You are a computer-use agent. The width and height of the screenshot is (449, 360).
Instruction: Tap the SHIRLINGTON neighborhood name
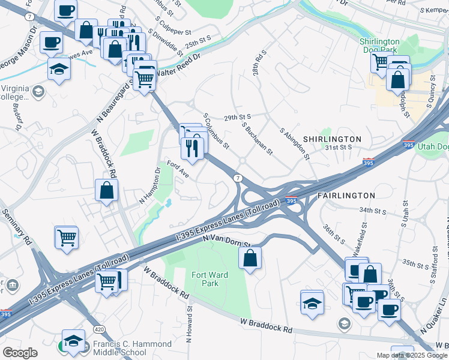pyautogui.click(x=332, y=139)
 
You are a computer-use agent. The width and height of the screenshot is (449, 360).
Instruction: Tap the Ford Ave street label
pyautogui.click(x=178, y=169)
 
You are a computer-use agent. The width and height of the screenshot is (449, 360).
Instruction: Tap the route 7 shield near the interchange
pyautogui.click(x=238, y=178)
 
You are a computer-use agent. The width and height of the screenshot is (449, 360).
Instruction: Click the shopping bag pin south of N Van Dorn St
pyautogui.click(x=250, y=259)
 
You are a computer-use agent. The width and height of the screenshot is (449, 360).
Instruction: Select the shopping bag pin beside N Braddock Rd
pyautogui.click(x=106, y=190)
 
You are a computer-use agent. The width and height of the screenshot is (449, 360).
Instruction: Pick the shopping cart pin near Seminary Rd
pyautogui.click(x=66, y=238)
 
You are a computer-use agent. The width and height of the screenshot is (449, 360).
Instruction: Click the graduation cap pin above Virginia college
pyautogui.click(x=59, y=70)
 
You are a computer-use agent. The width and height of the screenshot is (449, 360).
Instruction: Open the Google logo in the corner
pyautogui.click(x=20, y=353)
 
